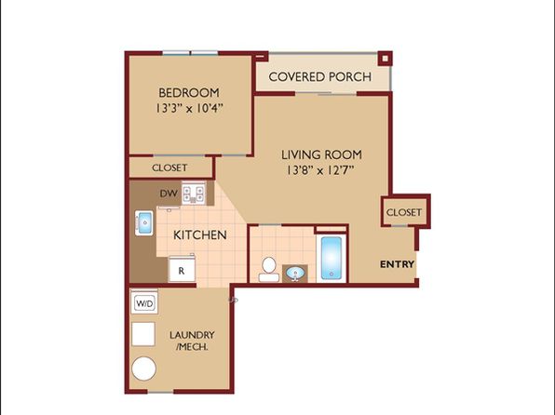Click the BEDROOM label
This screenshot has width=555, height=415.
click(189, 93)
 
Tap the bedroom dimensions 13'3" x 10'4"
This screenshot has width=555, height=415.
click(189, 108)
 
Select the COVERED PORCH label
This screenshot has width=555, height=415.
click(320, 77)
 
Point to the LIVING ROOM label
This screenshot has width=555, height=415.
click(321, 154)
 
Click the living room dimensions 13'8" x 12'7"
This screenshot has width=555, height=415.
click(320, 170)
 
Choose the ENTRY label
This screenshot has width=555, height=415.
click(397, 264)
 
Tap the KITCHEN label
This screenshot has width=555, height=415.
click(200, 234)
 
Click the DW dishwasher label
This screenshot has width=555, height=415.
click(169, 194)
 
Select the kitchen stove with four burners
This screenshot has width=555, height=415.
click(194, 194)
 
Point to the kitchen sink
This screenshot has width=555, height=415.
click(144, 223)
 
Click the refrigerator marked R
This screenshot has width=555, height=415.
click(182, 269)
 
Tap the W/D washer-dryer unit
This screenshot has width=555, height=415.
click(144, 302)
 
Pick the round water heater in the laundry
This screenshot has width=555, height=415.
click(143, 368)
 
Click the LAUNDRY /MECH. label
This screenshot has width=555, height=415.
click(192, 341)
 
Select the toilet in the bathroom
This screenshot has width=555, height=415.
click(268, 270)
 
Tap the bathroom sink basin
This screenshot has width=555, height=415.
click(295, 274)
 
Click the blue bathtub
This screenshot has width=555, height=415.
click(332, 258)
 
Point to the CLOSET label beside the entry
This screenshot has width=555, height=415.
click(404, 212)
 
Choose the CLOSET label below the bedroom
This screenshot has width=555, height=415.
click(169, 167)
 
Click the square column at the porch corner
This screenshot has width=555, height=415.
click(385, 59)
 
